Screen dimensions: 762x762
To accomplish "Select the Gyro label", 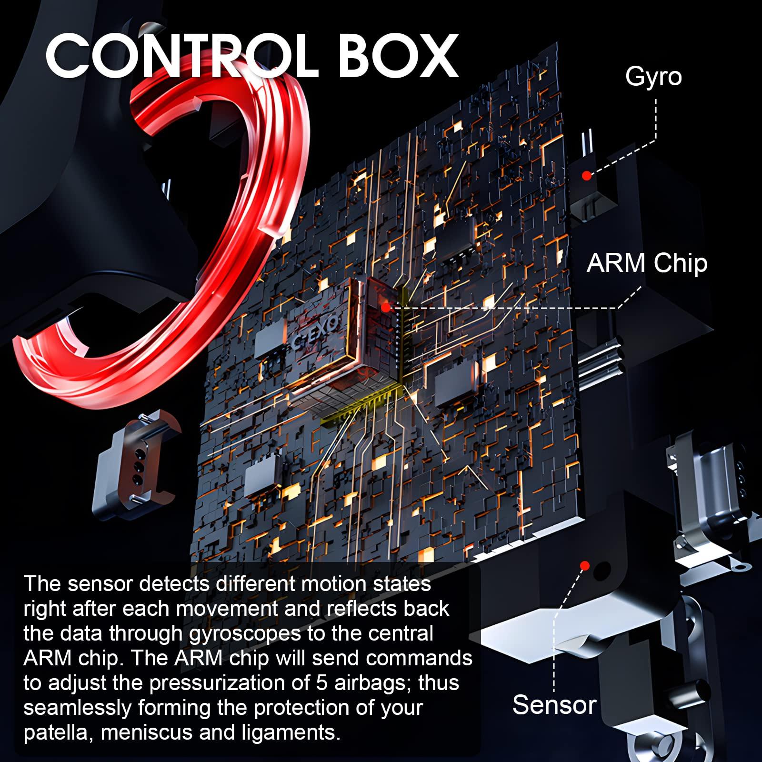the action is (x=653, y=77).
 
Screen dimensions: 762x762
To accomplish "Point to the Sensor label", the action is (x=554, y=704).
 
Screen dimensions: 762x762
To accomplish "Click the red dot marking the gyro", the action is (x=587, y=176).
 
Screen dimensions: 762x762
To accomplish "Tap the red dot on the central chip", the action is (x=385, y=308).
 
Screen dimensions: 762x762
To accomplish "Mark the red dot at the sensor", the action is (x=585, y=566).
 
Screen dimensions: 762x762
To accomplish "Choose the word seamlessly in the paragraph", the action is (x=77, y=708).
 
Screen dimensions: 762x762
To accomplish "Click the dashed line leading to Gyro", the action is (x=633, y=143).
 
